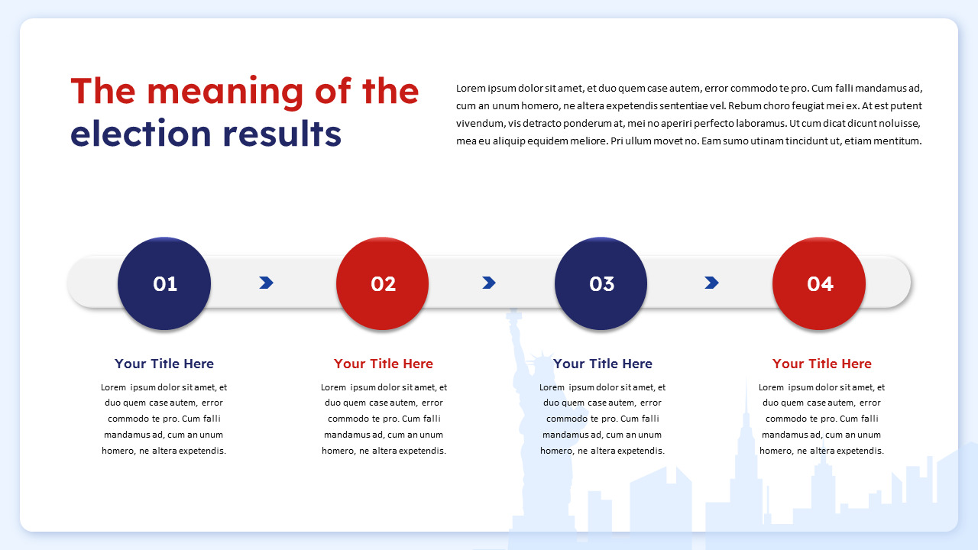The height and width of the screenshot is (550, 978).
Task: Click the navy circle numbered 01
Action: click(x=164, y=283)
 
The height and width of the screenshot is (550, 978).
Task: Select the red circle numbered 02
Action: click(x=383, y=283)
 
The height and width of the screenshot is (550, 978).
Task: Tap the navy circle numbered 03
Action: click(x=601, y=283)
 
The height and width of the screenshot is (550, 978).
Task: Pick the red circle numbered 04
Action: click(x=820, y=283)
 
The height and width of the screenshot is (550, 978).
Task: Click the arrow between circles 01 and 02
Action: click(x=266, y=283)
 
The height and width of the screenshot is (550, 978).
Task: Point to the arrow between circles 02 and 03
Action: click(x=489, y=283)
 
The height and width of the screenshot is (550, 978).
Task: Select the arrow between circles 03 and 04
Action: click(x=711, y=283)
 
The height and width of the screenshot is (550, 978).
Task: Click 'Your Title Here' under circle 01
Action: click(x=164, y=364)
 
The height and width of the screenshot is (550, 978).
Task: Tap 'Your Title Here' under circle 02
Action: click(x=384, y=364)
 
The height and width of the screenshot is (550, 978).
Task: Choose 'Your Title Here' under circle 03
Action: click(x=603, y=364)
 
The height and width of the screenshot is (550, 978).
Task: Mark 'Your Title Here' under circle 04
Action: click(x=822, y=364)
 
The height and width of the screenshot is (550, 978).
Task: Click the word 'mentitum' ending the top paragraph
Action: click(x=898, y=141)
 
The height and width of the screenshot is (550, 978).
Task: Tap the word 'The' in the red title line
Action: click(x=102, y=92)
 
